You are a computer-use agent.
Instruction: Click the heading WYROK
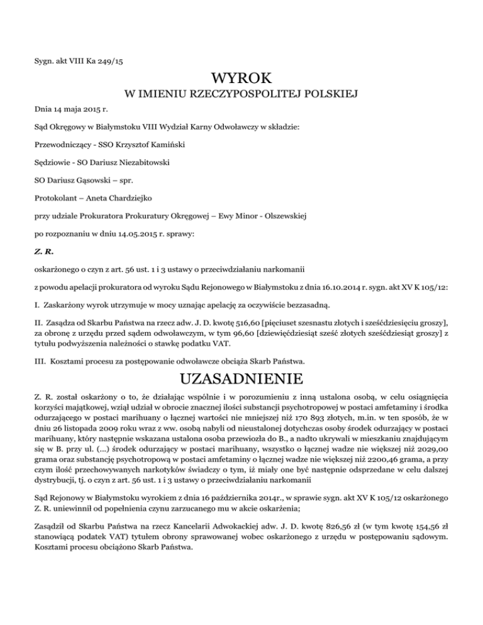241,79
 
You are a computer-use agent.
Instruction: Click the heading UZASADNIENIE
241,380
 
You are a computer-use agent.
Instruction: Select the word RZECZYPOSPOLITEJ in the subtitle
241,95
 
